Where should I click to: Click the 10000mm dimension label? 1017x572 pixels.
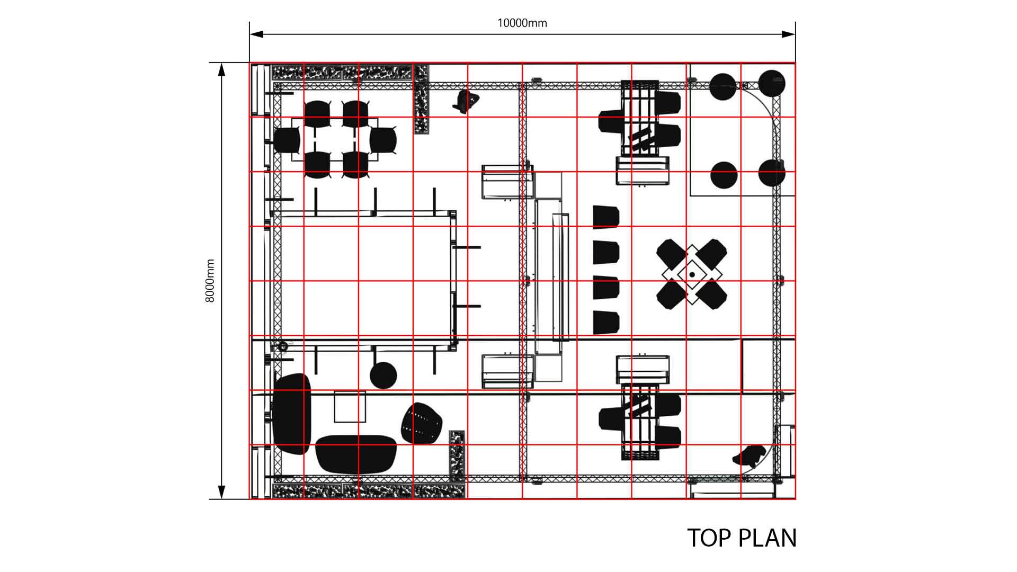pyautogui.click(x=522, y=23)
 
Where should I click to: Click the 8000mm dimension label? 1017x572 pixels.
pyautogui.click(x=210, y=281)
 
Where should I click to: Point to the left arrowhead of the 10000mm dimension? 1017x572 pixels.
pyautogui.click(x=256, y=34)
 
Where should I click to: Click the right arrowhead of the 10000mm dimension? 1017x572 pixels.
pyautogui.click(x=789, y=34)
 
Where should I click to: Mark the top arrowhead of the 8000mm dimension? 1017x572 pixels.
pyautogui.click(x=222, y=69)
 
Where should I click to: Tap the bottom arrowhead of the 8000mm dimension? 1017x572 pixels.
pyautogui.click(x=222, y=493)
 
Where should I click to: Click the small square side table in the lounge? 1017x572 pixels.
pyautogui.click(x=350, y=407)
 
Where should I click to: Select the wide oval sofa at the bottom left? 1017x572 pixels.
pyautogui.click(x=356, y=454)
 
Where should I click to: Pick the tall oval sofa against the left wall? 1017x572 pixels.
pyautogui.click(x=291, y=414)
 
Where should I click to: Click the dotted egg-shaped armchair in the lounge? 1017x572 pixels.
pyautogui.click(x=421, y=423)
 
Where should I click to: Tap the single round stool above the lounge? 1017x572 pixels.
pyautogui.click(x=383, y=375)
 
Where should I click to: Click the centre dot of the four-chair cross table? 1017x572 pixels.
pyautogui.click(x=692, y=274)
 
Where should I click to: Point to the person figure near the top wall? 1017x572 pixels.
pyautogui.click(x=467, y=101)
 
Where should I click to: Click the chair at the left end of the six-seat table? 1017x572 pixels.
pyautogui.click(x=287, y=140)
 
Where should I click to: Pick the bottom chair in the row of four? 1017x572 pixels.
pyautogui.click(x=606, y=322)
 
